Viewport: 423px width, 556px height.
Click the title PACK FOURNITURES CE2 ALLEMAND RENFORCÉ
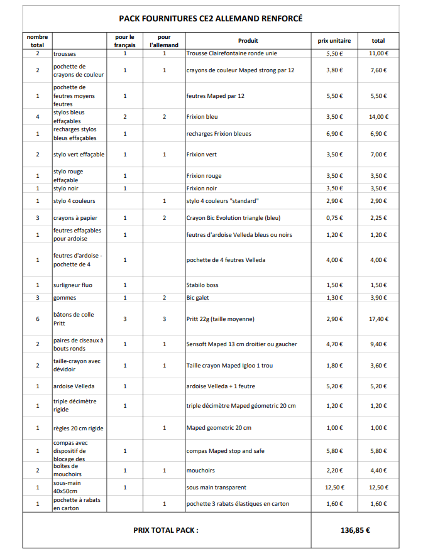[211, 18]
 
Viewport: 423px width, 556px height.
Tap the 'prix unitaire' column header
[334, 41]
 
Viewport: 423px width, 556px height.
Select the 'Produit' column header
[248, 41]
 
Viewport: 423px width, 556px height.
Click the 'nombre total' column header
[37, 41]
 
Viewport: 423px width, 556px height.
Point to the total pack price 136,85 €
[355, 530]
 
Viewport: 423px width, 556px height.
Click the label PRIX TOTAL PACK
[166, 530]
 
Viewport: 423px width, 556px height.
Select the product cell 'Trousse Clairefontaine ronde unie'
[222, 53]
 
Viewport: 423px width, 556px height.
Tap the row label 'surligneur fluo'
[72, 285]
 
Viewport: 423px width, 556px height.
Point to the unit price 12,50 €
[334, 487]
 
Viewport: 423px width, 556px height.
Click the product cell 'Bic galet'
[199, 298]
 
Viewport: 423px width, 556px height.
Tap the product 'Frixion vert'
[202, 155]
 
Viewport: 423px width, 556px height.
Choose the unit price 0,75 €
[334, 218]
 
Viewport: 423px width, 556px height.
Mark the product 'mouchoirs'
[201, 470]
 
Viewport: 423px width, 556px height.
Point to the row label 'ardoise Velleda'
[74, 386]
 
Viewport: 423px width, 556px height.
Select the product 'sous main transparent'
[216, 487]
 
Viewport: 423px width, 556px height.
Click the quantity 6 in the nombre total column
[37, 319]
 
